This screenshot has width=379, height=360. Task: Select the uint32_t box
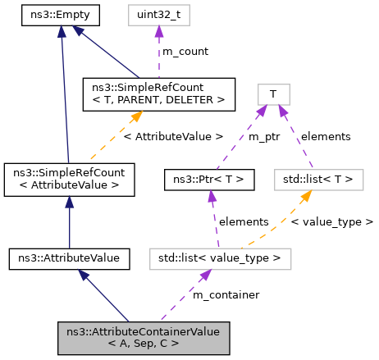(158, 15)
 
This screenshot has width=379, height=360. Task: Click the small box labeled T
(272, 95)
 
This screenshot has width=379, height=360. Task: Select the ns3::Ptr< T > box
(209, 178)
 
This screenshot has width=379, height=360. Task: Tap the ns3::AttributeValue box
(69, 258)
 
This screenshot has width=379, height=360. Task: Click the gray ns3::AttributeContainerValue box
(143, 336)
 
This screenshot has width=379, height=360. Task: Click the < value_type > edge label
(332, 221)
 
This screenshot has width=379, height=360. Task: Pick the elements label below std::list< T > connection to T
(326, 137)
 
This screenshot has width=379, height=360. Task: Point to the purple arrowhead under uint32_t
(158, 31)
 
